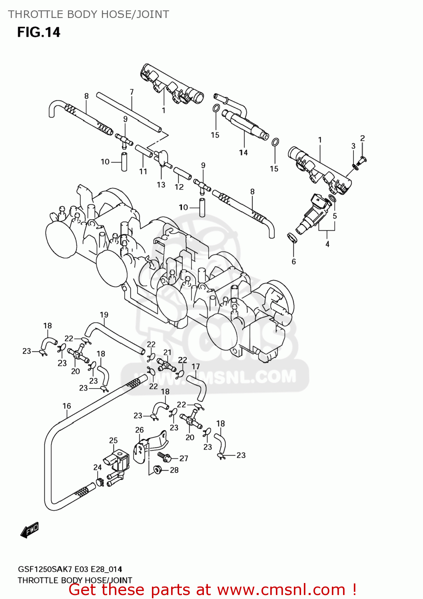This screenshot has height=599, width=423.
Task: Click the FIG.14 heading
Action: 38,32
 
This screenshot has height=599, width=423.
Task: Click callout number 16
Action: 66,406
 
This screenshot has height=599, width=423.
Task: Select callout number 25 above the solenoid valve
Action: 113,440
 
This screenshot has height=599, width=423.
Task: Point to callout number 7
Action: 132,92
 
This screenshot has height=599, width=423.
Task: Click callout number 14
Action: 243,153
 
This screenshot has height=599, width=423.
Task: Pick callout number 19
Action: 104,315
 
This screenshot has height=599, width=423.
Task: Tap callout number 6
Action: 293,262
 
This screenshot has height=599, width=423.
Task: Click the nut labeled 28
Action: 157,470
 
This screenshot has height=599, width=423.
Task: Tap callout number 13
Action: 161,184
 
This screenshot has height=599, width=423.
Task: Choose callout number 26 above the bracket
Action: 139,430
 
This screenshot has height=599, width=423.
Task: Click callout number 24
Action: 97,467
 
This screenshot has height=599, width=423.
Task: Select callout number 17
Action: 196,366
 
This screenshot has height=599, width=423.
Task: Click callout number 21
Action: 167,352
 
